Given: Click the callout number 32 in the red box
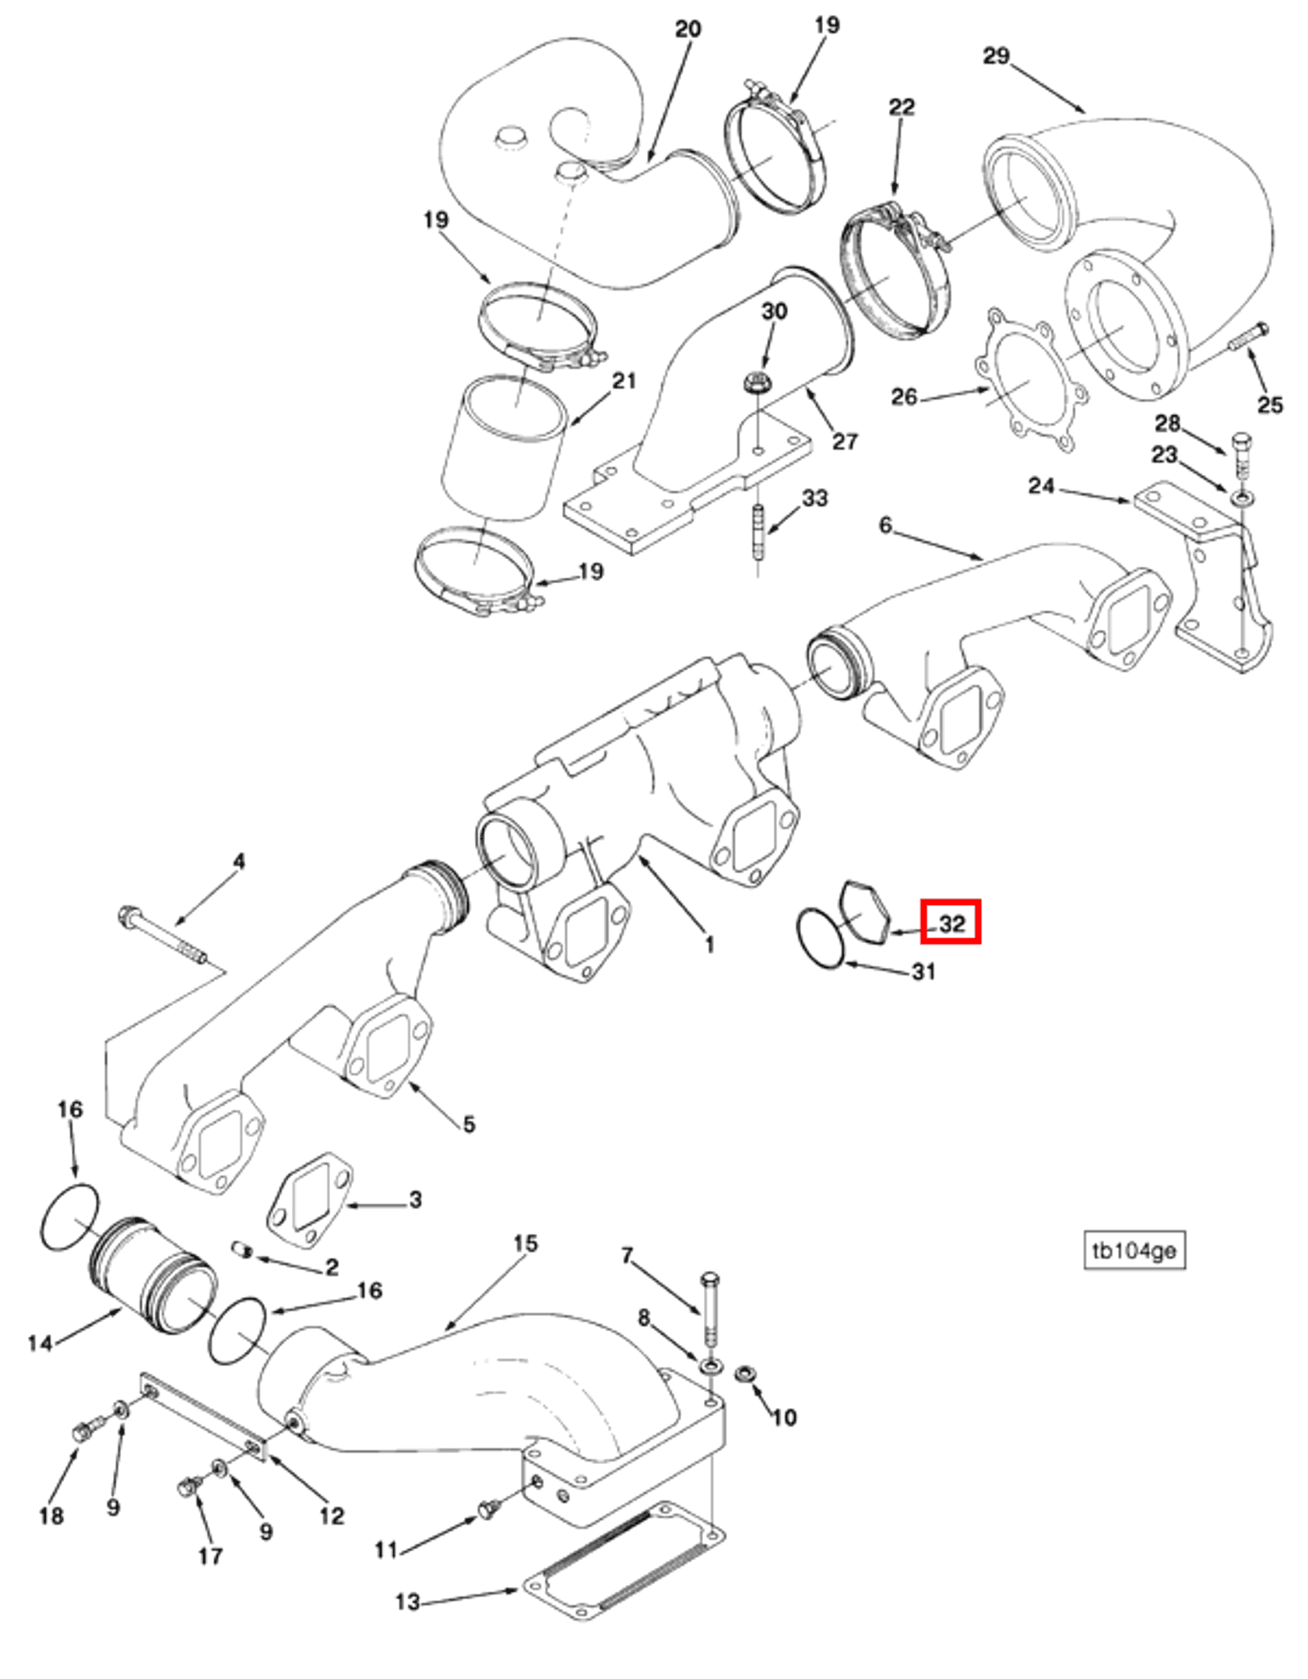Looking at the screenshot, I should click(x=951, y=924).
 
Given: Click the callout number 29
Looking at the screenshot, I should click(x=995, y=56).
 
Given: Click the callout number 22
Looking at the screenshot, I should click(x=901, y=107).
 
